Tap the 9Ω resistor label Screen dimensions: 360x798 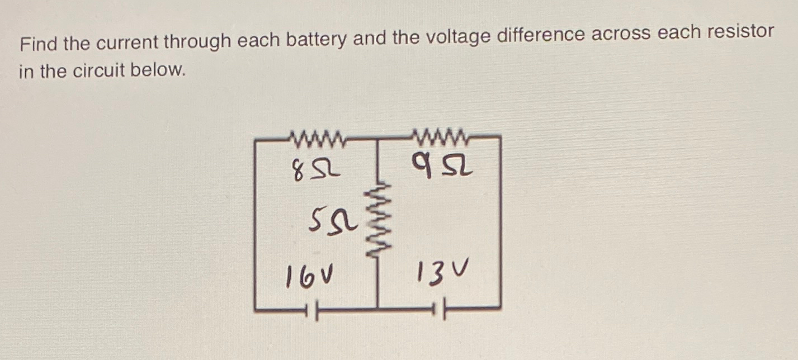[x=442, y=165]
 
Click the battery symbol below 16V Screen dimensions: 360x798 [x=311, y=310]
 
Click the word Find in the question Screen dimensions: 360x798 [x=38, y=44]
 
